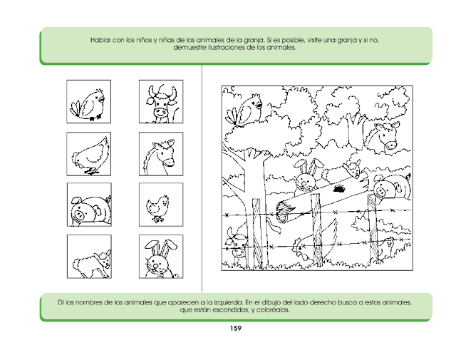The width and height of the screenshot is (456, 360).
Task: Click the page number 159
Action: pos(236,329)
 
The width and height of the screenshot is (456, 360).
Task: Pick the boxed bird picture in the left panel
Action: pos(88,101)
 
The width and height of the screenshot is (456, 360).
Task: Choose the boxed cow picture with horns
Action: pos(161,101)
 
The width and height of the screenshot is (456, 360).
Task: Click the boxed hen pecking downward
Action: pos(88,154)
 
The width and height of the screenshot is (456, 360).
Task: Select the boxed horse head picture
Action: pos(161,154)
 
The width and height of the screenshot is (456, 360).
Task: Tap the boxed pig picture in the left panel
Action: pos(89,205)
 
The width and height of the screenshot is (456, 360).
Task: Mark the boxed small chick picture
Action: pos(161,205)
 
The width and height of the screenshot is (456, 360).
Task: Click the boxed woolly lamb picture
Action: pos(89,257)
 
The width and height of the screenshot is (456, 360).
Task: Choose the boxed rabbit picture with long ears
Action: pos(161,257)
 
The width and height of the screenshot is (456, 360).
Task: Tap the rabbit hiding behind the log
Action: pos(306,177)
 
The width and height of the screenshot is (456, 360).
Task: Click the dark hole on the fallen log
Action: pos(339,189)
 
